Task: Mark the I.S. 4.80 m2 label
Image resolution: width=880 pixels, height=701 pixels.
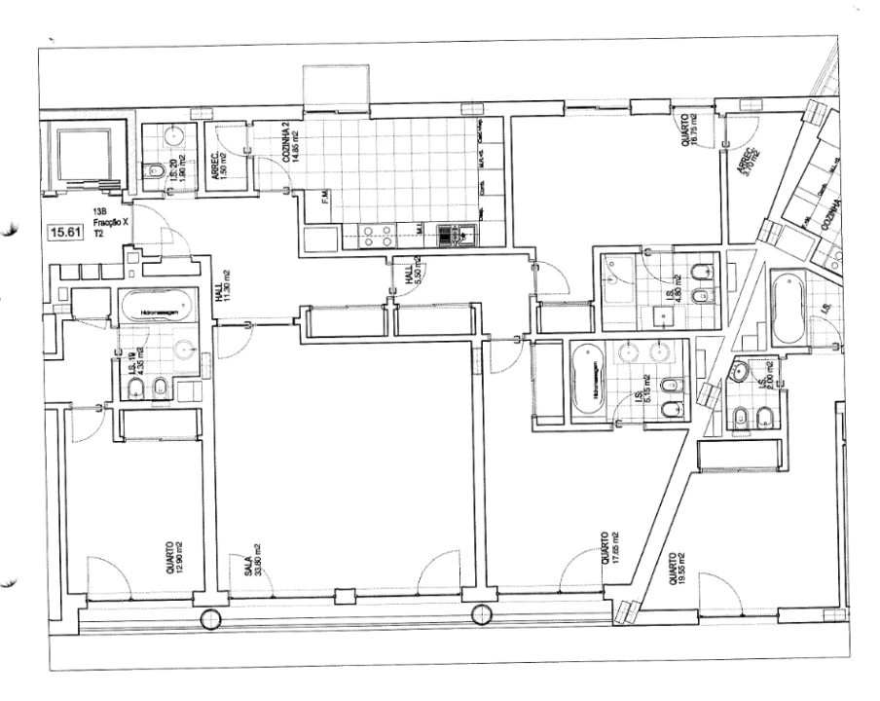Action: pyautogui.click(x=671, y=296)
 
